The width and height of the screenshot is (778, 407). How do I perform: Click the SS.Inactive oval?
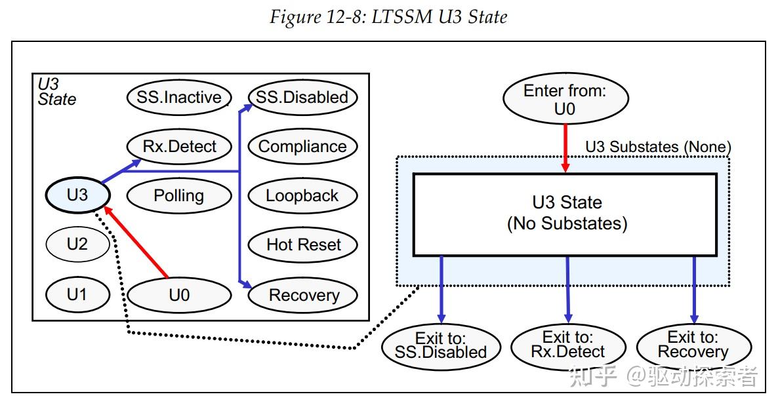point(178,98)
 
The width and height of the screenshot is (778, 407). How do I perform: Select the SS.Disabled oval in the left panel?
point(302,98)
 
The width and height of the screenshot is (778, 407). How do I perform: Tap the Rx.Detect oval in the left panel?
point(178,146)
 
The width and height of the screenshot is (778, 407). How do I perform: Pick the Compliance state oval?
point(302,146)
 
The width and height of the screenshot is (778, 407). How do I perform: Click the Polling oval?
point(178,195)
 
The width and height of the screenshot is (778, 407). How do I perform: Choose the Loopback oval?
point(302,195)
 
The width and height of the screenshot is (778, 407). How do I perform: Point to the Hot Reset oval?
point(302,244)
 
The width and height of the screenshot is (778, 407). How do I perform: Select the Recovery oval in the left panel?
point(302,295)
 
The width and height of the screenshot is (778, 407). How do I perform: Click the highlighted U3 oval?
point(77,195)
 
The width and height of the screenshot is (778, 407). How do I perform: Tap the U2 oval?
point(77,244)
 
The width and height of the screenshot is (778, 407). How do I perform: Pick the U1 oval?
point(77,294)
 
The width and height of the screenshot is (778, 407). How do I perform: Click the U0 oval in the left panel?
point(178,295)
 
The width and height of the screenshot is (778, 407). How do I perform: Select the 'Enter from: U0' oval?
point(565,100)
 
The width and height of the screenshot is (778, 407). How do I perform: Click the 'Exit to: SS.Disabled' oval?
point(441,345)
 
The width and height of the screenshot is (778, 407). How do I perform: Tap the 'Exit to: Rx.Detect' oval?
point(567,345)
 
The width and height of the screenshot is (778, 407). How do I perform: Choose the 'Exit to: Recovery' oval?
point(693,345)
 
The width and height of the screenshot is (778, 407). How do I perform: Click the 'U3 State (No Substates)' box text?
point(567,213)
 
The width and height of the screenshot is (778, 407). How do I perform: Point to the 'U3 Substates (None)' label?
point(657,147)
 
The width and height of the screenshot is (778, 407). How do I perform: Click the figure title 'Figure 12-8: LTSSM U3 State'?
point(388,16)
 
